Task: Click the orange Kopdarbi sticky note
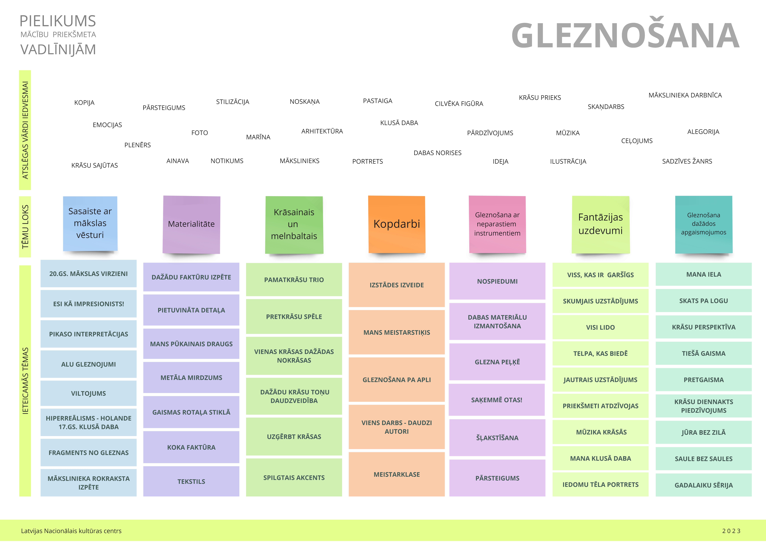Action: click(x=397, y=224)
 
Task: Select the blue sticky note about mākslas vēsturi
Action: click(x=90, y=223)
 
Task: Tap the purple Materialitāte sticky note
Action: click(x=191, y=224)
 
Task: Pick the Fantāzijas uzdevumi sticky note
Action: click(x=601, y=224)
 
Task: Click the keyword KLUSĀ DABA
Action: click(x=399, y=123)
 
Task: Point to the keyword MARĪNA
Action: click(x=258, y=137)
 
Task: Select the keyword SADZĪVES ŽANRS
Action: click(x=687, y=162)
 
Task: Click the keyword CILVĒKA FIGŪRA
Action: click(x=459, y=104)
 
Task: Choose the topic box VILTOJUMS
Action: click(x=88, y=393)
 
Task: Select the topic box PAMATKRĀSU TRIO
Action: click(x=294, y=280)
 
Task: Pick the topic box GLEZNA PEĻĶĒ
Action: click(x=497, y=362)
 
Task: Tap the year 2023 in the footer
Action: click(x=731, y=531)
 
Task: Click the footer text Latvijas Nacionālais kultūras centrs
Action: click(x=71, y=531)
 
